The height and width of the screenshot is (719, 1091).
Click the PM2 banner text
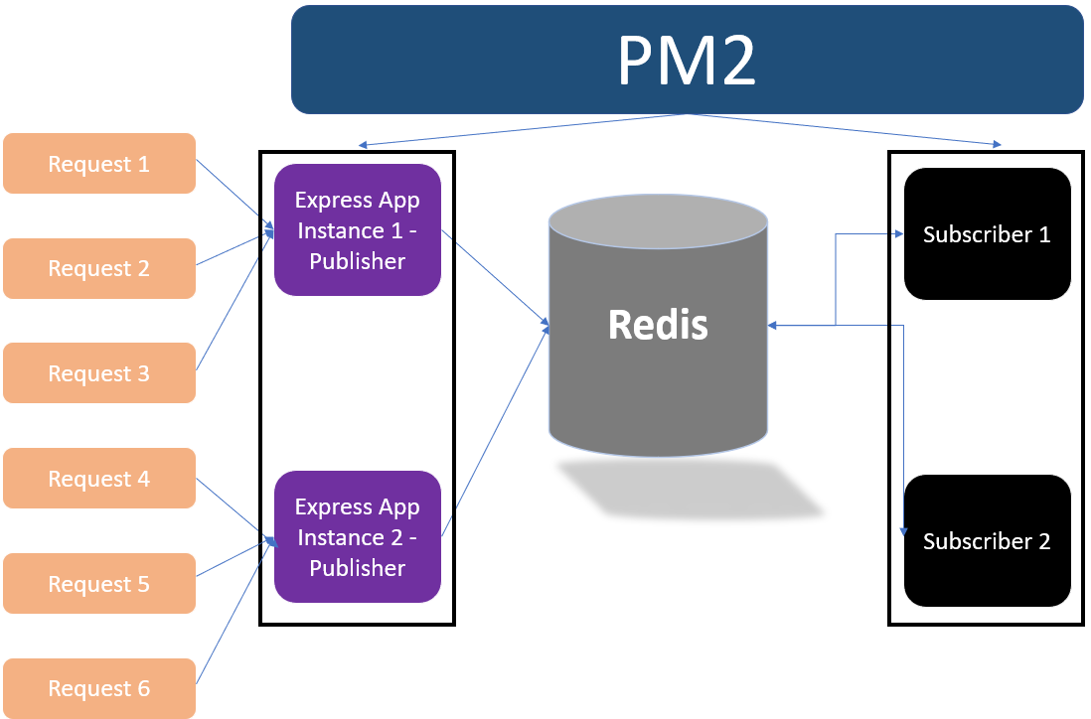click(687, 61)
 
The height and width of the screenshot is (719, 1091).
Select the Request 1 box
click(99, 164)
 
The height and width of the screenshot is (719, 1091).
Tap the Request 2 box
click(99, 268)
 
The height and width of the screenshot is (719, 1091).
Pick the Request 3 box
click(99, 373)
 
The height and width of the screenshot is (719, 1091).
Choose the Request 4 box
click(99, 479)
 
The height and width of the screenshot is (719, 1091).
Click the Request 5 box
click(99, 584)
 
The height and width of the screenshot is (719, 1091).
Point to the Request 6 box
click(99, 688)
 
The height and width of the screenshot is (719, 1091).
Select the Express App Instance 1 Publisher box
click(358, 230)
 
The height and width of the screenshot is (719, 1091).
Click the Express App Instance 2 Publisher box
click(358, 537)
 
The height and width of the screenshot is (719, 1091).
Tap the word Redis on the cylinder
click(658, 324)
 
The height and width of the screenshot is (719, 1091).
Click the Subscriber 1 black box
click(987, 234)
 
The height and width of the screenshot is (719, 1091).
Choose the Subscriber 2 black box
click(987, 541)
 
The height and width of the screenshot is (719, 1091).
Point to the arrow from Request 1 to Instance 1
click(234, 198)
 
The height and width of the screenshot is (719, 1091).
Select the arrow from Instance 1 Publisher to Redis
click(494, 278)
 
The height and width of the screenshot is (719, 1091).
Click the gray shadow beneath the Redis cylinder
click(690, 490)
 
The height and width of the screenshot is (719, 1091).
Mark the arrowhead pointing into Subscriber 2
click(904, 532)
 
